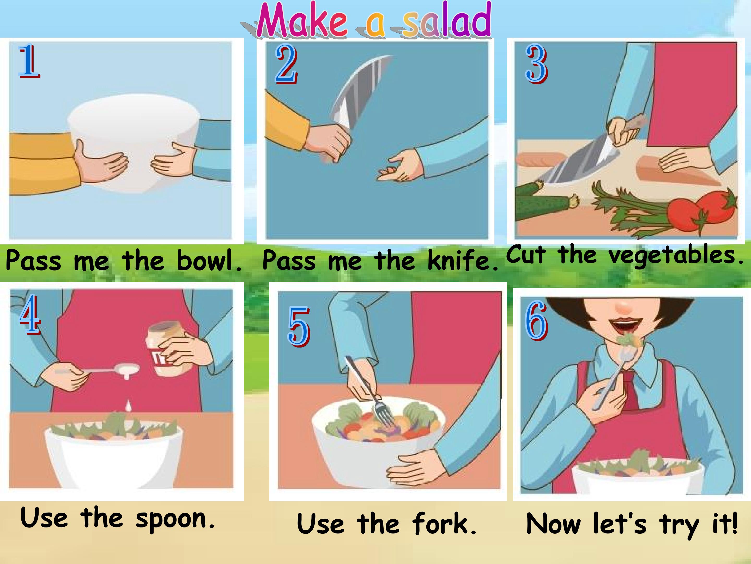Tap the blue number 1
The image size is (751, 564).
point(29,61)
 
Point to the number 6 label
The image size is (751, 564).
point(536,321)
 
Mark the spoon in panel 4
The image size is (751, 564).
point(112,370)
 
